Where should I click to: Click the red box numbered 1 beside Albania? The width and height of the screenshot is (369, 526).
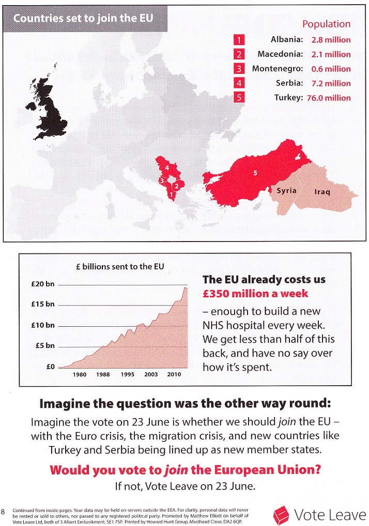tap(239, 39)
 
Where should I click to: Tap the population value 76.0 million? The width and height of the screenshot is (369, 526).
tap(331, 98)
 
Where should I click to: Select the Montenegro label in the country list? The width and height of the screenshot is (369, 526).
tap(275, 69)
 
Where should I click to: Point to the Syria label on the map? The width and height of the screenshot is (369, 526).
tap(287, 190)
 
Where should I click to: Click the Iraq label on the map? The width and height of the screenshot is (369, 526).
tap(322, 192)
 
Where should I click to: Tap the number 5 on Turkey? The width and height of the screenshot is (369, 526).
tap(255, 173)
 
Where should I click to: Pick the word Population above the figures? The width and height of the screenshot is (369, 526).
tap(326, 24)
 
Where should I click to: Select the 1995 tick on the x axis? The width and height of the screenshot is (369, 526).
tap(128, 374)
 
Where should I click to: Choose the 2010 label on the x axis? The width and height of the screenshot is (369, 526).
tap(174, 374)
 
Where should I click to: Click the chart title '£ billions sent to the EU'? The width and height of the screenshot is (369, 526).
tap(120, 266)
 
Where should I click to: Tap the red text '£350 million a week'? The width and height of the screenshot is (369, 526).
tap(255, 294)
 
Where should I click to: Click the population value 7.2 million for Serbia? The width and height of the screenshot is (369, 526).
tap(331, 83)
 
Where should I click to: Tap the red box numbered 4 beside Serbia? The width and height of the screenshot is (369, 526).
tap(239, 83)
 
